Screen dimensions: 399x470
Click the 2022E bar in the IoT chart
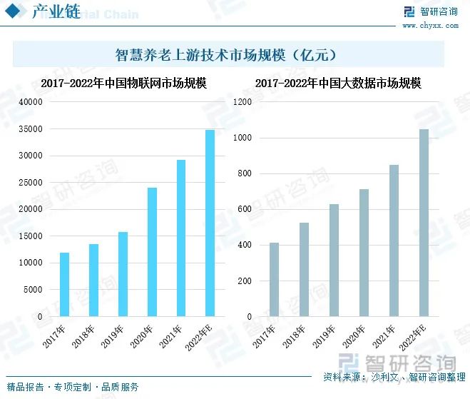(x=210, y=223)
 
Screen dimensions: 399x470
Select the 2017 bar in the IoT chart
(x=64, y=284)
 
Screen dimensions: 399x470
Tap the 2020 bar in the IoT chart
(x=152, y=251)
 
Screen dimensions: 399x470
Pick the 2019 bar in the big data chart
(x=334, y=260)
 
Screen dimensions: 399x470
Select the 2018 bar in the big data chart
(x=304, y=269)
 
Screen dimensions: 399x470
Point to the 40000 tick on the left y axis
(x=30, y=102)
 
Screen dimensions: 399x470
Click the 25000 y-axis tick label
(x=30, y=183)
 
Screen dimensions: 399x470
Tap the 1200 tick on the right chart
(x=242, y=102)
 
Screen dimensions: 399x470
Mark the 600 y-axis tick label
(x=245, y=209)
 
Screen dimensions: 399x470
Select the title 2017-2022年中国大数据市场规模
(x=338, y=84)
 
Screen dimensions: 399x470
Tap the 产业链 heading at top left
(x=56, y=13)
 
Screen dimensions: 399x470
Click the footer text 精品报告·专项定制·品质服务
(x=72, y=387)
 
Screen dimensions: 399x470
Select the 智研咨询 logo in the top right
(x=430, y=11)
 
